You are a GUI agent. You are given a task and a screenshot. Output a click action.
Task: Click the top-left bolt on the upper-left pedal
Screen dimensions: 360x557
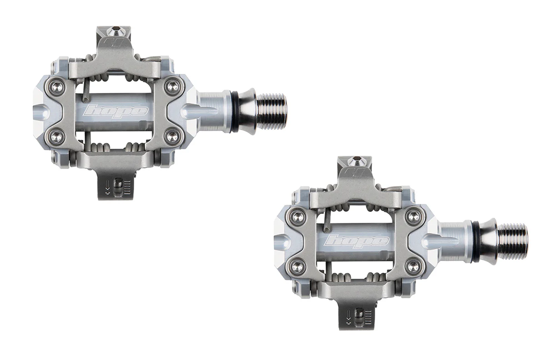[x=57, y=87]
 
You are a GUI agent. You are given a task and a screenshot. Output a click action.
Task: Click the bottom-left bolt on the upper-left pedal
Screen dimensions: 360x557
[x=57, y=137]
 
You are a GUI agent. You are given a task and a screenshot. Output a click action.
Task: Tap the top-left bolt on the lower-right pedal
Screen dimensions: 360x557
[x=298, y=216]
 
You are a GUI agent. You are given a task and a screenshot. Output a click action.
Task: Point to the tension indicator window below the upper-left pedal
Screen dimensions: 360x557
[x=118, y=186]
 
